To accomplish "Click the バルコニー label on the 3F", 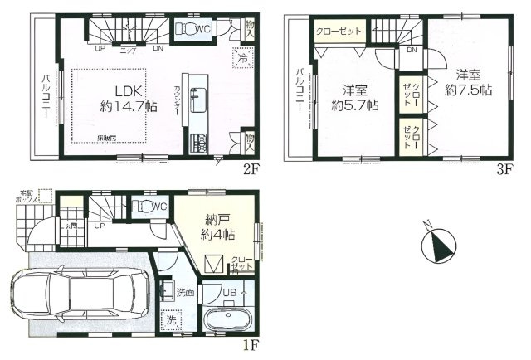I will pyautogui.click(x=297, y=89).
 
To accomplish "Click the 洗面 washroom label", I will pyautogui.click(x=185, y=293).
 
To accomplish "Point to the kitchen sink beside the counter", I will pyautogui.click(x=197, y=98).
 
